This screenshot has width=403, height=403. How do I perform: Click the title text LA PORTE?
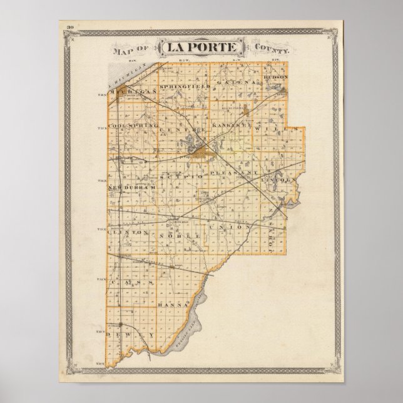click(x=197, y=48)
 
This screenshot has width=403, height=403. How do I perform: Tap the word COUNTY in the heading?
click(x=269, y=48)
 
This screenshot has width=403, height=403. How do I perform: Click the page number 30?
click(x=71, y=27)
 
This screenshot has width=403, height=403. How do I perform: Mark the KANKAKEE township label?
click(x=232, y=126)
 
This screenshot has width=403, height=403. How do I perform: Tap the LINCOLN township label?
click(x=280, y=180)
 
